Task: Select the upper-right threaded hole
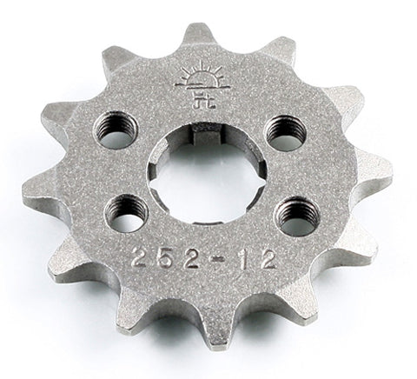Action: point(285,132)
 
